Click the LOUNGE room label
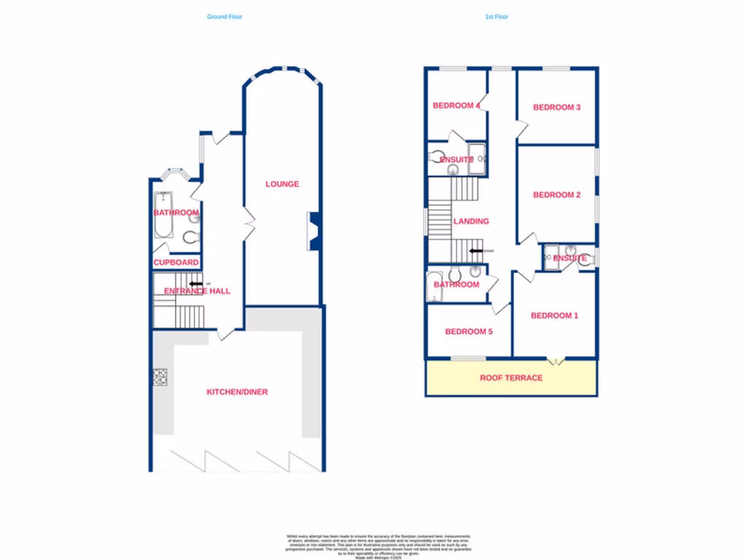282,184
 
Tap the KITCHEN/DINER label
237,392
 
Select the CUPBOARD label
176,262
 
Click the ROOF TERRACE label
511,378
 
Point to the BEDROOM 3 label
557,108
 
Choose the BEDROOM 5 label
469,332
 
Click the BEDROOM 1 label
554,316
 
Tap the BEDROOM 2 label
557,195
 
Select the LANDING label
471,222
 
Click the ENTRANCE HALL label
197,292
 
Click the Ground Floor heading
224,16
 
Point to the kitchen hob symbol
160,377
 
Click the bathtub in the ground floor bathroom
162,215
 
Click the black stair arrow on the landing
476,252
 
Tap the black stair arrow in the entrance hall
196,284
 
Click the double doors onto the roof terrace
556,360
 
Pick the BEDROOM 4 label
456,106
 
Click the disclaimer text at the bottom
378,545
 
